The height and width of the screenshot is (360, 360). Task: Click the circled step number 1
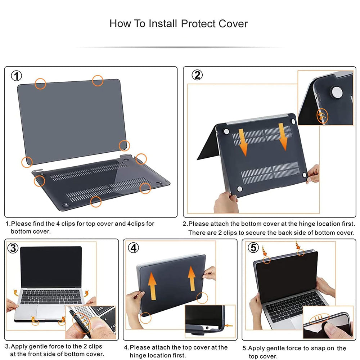click(17, 76)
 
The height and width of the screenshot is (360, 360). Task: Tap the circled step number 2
click(197, 75)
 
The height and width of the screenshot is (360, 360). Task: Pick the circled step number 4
click(134, 248)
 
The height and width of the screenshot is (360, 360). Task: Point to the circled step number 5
click(254, 248)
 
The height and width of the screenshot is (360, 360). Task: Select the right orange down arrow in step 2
click(284, 136)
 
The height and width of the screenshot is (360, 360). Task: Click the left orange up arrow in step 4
click(152, 284)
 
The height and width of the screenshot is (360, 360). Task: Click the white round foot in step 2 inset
click(337, 91)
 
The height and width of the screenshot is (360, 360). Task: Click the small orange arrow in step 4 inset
click(228, 325)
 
